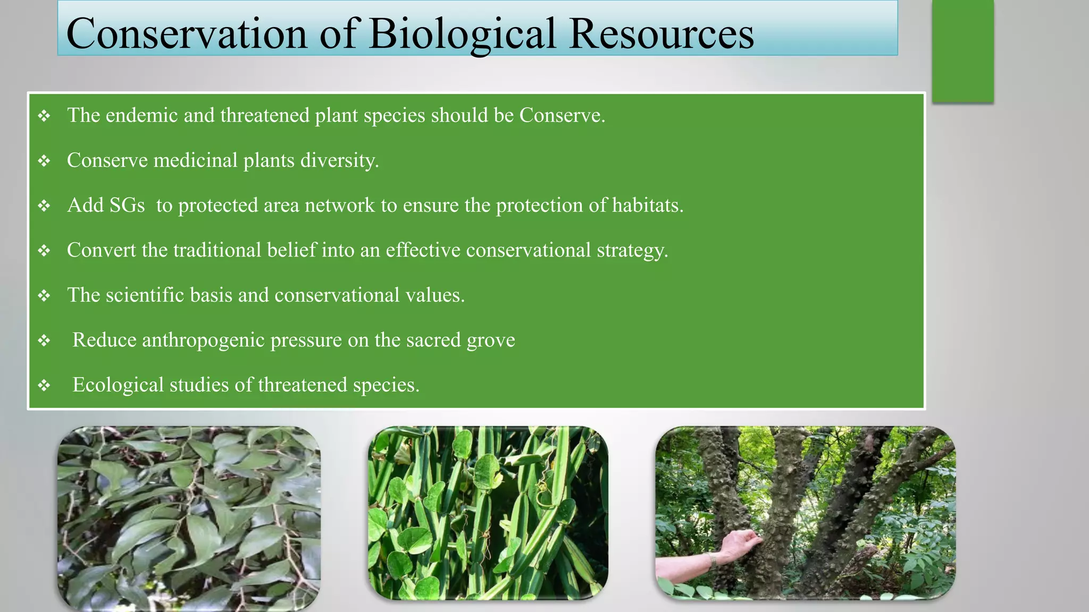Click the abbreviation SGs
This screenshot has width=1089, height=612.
tap(127, 205)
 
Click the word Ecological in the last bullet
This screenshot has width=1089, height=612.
tap(118, 385)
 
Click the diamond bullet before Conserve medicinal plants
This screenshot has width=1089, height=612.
tap(44, 160)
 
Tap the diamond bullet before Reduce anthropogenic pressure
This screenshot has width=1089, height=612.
tap(44, 340)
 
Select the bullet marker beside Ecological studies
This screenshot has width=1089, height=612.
tap(44, 385)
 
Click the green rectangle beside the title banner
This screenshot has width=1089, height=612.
tap(962, 51)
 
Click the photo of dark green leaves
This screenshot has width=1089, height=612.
tap(189, 518)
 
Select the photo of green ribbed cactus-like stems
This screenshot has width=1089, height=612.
tap(488, 513)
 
